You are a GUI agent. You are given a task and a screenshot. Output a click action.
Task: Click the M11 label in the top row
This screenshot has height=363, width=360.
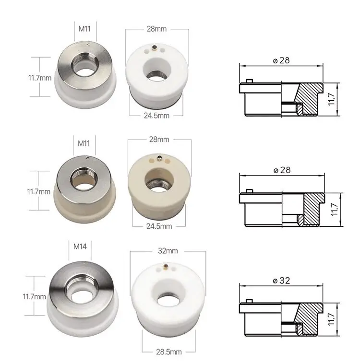tap(85, 29)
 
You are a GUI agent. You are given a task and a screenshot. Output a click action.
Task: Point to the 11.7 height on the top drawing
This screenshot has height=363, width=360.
tap(332, 99)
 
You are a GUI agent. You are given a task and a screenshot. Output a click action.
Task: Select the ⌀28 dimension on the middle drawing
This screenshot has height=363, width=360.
tap(281, 170)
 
